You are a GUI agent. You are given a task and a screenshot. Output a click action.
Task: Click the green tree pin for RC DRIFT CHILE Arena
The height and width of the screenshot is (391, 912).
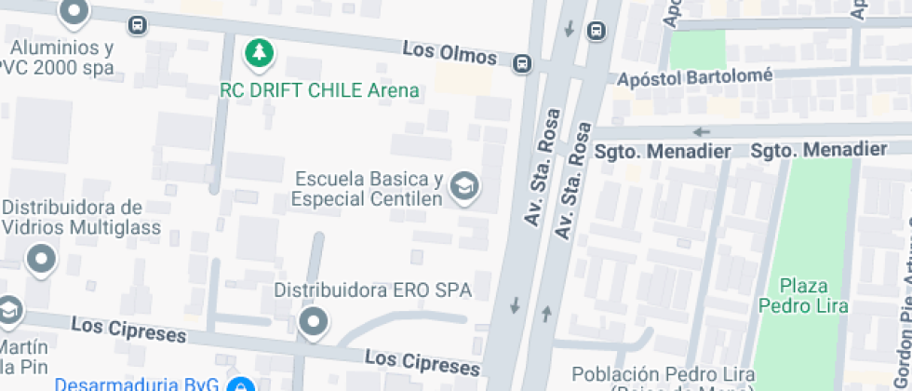coord(260,52)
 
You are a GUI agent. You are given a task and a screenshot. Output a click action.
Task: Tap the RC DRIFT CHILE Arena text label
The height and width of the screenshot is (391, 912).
coord(319,90)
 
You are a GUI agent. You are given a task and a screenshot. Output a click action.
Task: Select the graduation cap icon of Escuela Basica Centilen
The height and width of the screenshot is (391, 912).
coord(463,186)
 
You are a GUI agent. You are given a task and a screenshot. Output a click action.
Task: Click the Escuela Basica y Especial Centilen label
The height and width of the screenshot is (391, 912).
coord(366,188)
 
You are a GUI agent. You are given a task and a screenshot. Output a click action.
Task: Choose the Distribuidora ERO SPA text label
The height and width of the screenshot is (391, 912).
coord(372,290)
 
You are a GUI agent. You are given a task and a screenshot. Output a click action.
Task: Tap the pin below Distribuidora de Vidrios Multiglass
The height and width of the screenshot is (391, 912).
coord(41,259)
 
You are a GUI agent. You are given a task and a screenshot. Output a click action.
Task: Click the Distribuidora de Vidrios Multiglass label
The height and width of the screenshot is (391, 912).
coord(81,217)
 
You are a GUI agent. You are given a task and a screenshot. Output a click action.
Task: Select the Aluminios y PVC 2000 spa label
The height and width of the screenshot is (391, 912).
coord(58,58)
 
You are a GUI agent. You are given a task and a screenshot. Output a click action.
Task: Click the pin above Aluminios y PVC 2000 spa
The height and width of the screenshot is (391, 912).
coord(73,11)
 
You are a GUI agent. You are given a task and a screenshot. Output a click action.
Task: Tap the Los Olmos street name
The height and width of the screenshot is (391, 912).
coord(450,54)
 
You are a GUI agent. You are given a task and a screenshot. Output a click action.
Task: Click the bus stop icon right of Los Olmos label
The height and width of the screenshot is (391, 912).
coord(523,63)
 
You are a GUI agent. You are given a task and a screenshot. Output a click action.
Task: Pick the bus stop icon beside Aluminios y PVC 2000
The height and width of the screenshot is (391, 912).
coord(138,25)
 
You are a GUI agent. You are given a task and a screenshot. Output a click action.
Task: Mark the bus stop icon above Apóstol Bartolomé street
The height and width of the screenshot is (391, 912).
coord(595,32)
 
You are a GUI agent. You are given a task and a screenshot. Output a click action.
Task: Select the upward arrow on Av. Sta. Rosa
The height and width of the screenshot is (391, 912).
coord(546,313)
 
